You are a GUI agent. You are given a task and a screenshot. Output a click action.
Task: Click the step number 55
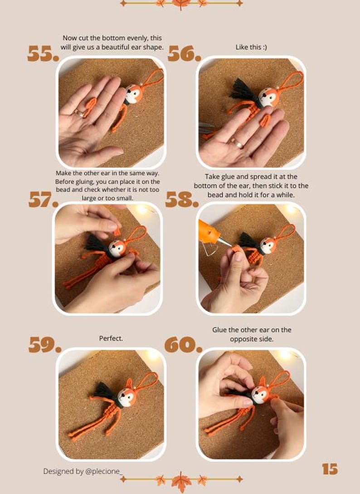[43, 54]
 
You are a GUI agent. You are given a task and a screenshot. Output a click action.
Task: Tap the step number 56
[184, 54]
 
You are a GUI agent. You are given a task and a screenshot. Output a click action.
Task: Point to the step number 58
[181, 200]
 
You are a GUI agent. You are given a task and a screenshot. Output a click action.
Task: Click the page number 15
[330, 469]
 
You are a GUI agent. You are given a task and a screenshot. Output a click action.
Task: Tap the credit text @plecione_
[104, 471]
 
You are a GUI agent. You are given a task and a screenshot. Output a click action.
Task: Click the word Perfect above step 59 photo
[111, 338]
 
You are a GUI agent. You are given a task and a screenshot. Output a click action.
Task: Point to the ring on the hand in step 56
[237, 143]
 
